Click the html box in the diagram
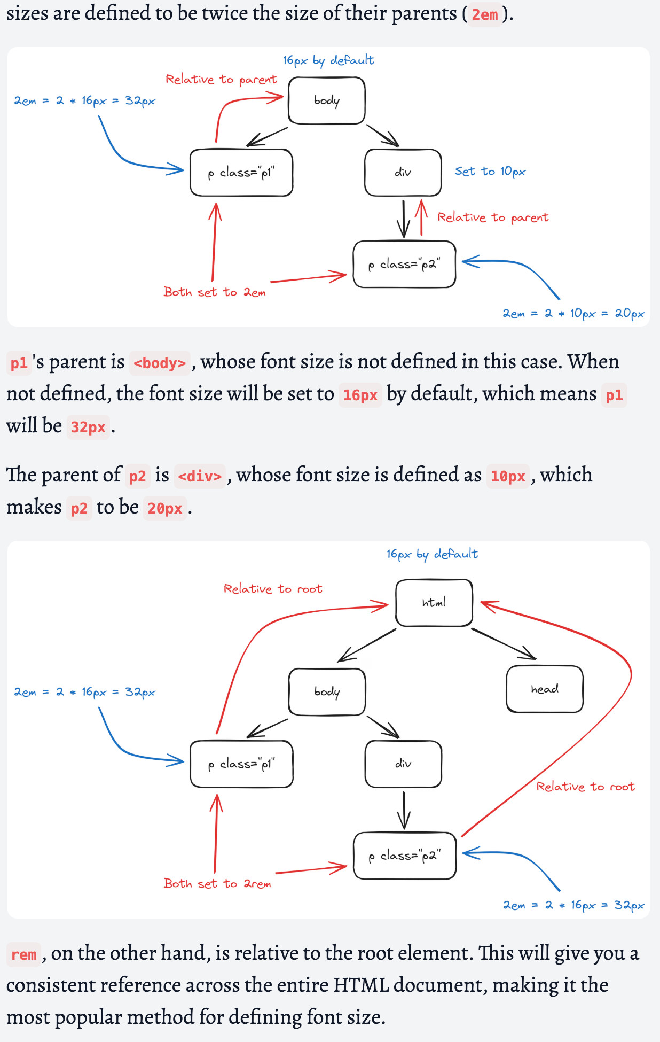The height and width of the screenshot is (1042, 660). pos(434,603)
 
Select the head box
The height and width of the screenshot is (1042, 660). pos(544,689)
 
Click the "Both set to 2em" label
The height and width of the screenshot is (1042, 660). pos(214,292)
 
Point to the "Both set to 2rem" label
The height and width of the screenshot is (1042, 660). pos(217,884)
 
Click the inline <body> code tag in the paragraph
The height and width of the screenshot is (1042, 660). pos(160,363)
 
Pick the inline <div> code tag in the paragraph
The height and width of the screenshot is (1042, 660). pos(200,476)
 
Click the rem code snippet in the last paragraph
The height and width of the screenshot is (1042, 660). pos(24,954)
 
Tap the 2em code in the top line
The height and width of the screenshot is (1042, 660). pos(484,14)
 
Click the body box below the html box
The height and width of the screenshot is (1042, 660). pos(327,692)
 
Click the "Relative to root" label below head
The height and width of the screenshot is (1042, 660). pos(585,787)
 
